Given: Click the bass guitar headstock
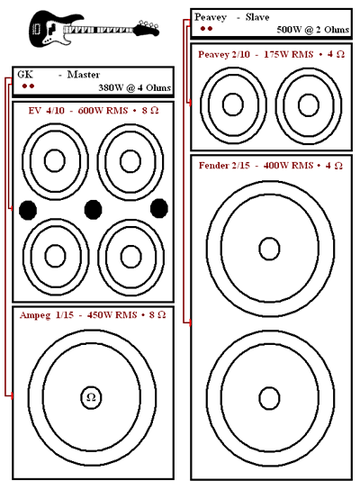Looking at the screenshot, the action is click(x=147, y=28).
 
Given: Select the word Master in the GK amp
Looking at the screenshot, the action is click(x=84, y=75).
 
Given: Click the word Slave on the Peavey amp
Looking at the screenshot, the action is click(x=257, y=17).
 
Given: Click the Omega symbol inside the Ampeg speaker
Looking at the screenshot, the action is click(x=91, y=397).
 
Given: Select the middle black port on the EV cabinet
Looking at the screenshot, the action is click(x=93, y=209).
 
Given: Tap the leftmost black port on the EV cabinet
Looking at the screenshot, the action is click(x=28, y=210).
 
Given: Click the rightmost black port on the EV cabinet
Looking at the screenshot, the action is click(x=159, y=208).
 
